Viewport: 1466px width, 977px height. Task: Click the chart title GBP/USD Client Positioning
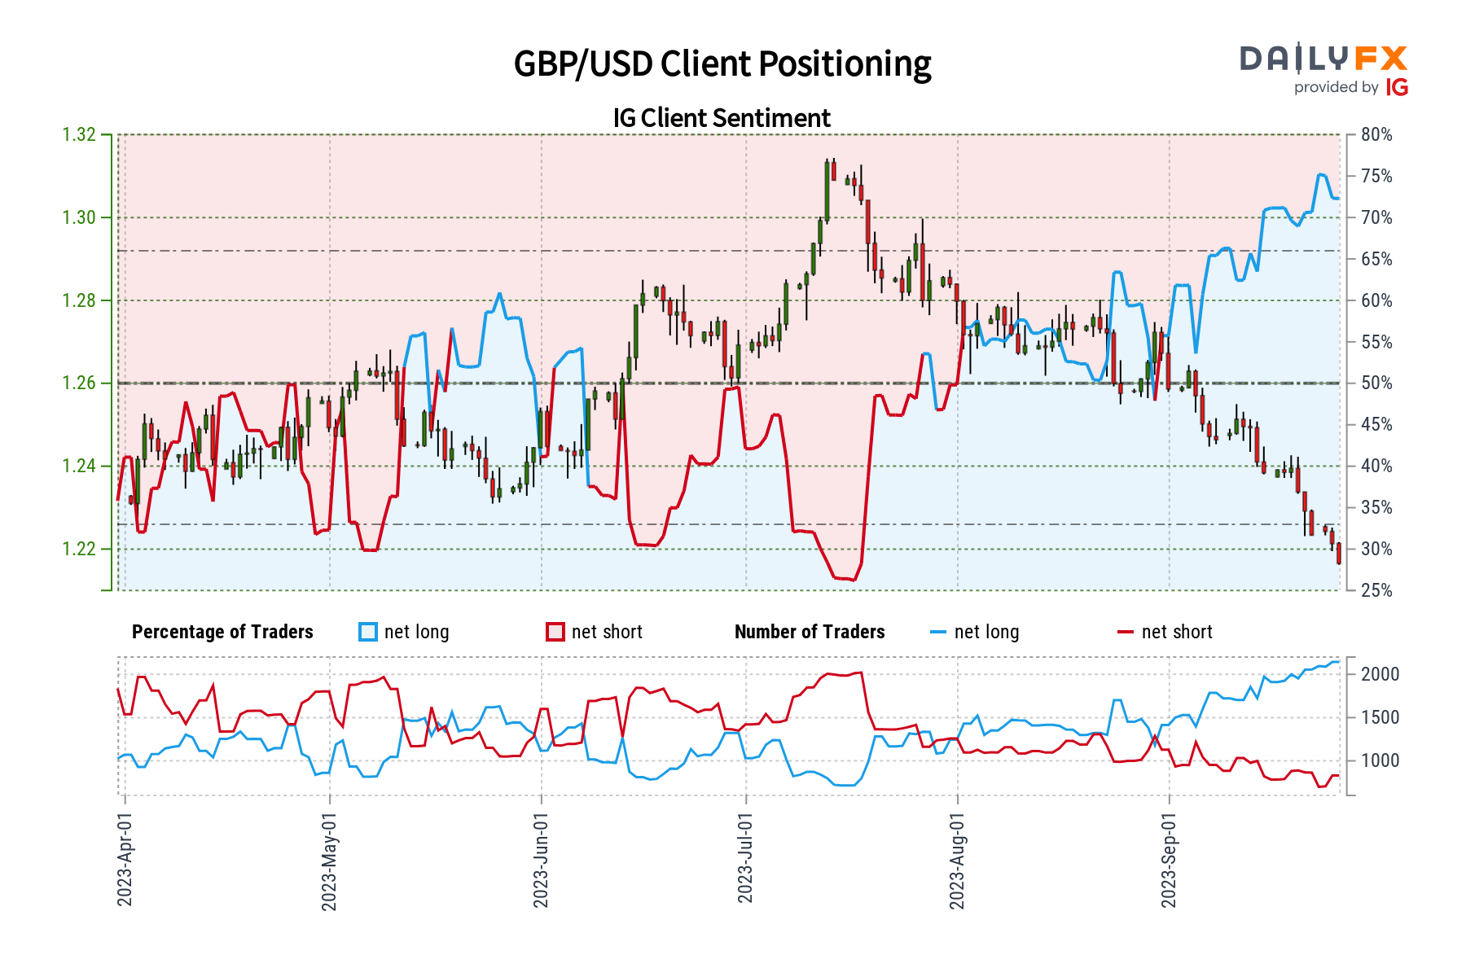tap(722, 64)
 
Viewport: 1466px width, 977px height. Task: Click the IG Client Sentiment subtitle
tap(722, 118)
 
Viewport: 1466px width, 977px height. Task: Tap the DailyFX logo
tap(1323, 69)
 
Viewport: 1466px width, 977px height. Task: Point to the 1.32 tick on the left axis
tap(79, 134)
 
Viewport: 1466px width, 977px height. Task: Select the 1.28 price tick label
tap(79, 300)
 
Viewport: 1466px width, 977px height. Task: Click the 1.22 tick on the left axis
tap(79, 549)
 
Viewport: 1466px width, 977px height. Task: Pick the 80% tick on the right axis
tap(1376, 134)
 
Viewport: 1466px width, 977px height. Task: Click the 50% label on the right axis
tap(1376, 383)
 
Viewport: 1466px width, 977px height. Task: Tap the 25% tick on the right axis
tap(1376, 590)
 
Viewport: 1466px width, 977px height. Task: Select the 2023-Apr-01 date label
tap(125, 859)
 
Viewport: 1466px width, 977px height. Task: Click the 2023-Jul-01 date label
tap(745, 859)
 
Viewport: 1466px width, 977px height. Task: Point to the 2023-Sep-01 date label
tap(1169, 859)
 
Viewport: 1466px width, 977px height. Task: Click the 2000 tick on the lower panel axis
tap(1380, 674)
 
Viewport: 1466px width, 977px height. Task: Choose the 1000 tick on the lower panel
tap(1380, 760)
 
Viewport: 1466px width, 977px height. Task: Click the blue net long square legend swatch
tap(368, 632)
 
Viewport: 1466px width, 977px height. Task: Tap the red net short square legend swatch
tap(555, 632)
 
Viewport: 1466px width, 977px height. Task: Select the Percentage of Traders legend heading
tap(222, 632)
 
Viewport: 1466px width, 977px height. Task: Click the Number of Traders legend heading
tap(810, 632)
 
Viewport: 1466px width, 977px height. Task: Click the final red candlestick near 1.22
tap(1339, 554)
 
